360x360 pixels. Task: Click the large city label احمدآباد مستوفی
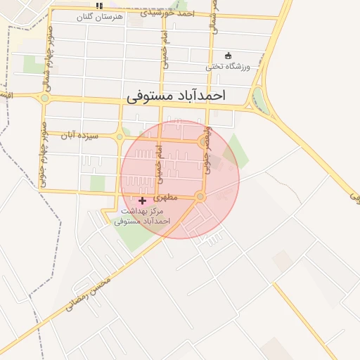[x=186, y=97]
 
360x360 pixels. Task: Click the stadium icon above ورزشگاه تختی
[x=227, y=56]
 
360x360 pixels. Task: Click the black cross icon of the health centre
[x=143, y=200]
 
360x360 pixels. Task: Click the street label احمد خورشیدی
[x=167, y=13]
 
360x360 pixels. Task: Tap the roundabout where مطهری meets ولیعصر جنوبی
[x=200, y=197]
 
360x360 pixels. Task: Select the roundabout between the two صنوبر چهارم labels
[x=45, y=98]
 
